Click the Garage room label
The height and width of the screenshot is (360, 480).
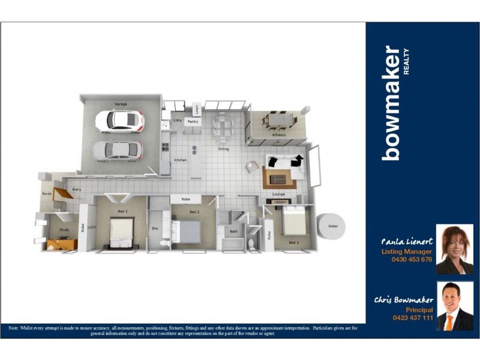pos(121,104)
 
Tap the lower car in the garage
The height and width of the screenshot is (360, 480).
pos(118,150)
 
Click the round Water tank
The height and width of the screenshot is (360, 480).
pos(332,227)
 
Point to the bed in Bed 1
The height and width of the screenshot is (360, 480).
pos(121,232)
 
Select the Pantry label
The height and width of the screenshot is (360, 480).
pos(193,122)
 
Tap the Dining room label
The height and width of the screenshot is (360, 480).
pos(223,149)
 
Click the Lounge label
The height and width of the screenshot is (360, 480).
pos(278,194)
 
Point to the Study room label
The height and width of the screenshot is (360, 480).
pos(64,230)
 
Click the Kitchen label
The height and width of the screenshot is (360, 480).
pos(180,160)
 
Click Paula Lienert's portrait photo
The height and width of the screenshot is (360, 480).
pos(454,250)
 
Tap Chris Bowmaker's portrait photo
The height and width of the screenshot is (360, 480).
pos(454,306)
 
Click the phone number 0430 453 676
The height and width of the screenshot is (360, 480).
pos(412,260)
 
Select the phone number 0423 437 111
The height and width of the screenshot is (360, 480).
pos(413,317)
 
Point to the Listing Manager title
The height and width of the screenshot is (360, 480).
pos(407,252)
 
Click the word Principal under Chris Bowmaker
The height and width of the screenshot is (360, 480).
pos(419,310)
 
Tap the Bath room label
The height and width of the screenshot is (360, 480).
pos(233,231)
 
